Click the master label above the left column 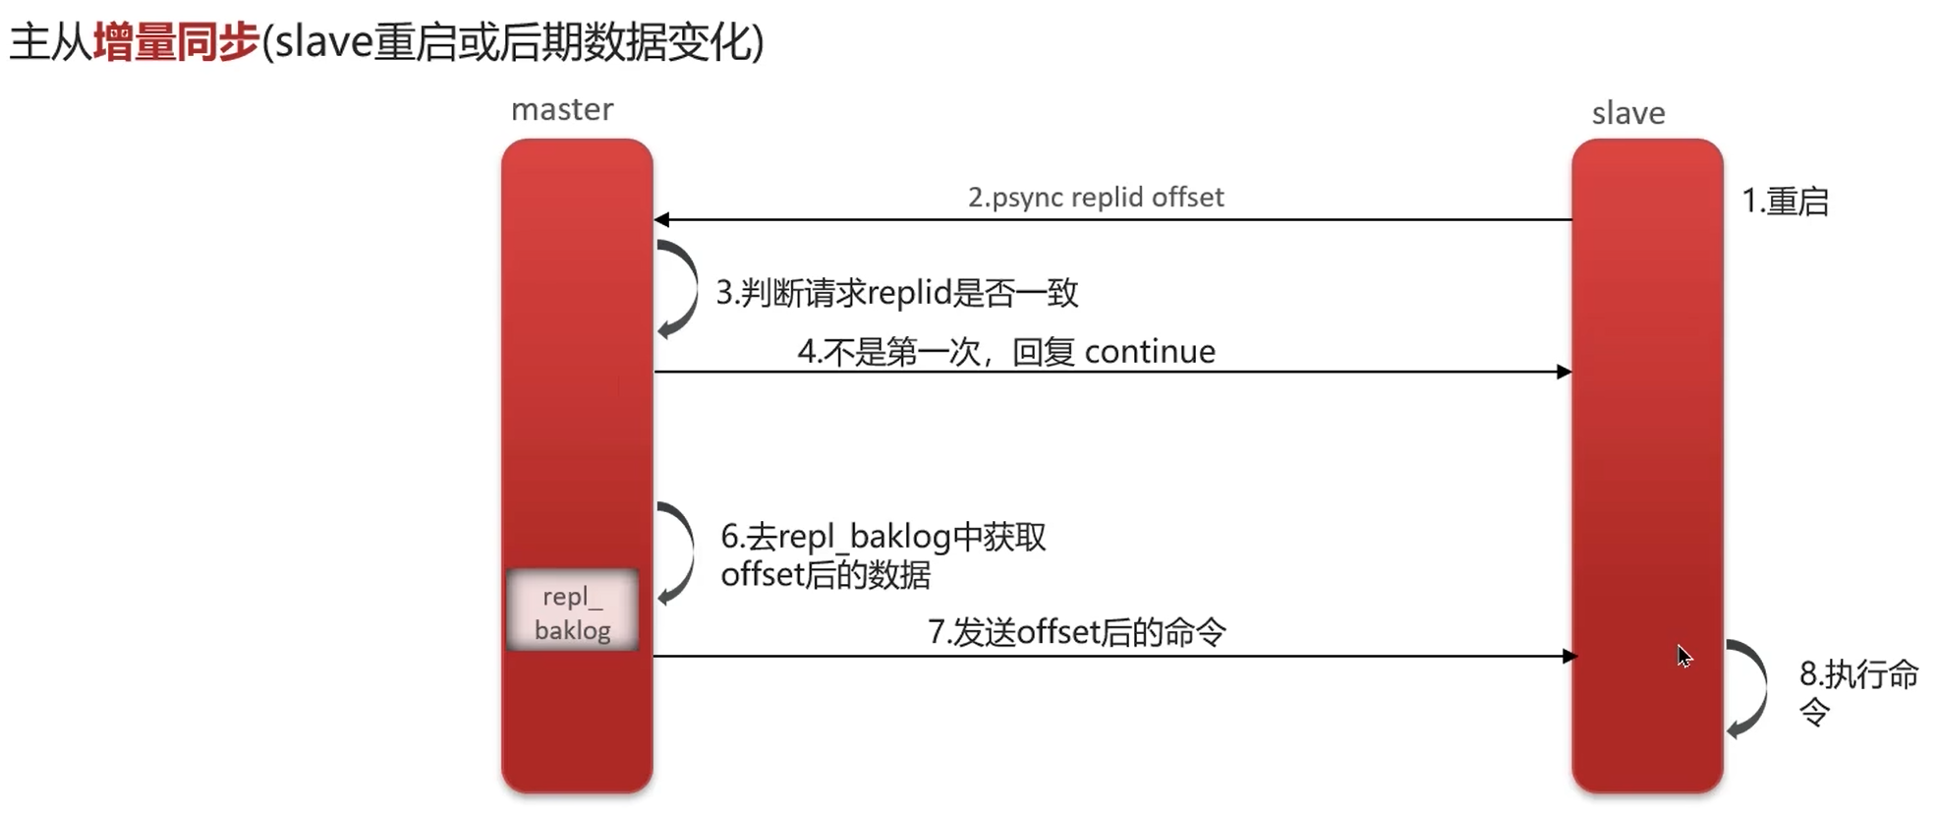point(562,109)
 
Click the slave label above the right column point(1627,113)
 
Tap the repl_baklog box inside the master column point(572,611)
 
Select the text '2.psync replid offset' point(1096,198)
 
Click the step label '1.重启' point(1785,202)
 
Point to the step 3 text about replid point(896,293)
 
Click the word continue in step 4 point(1150,352)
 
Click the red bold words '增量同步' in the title point(176,42)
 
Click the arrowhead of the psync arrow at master point(662,219)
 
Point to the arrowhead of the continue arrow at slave point(1564,372)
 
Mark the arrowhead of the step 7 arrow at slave point(1569,656)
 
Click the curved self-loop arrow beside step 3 point(679,289)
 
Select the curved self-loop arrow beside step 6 point(677,552)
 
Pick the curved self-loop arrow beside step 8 point(1748,688)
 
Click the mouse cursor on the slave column point(1683,656)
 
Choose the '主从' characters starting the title point(50,42)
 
